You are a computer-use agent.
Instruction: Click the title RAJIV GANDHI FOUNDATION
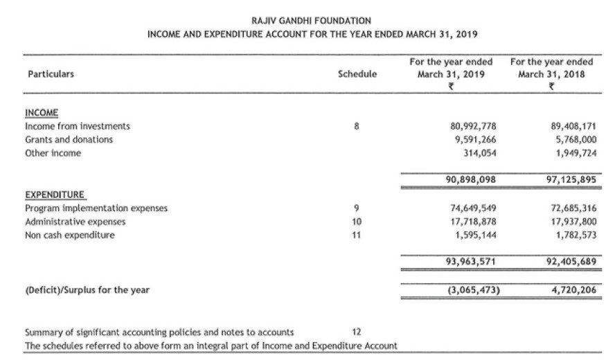(312, 21)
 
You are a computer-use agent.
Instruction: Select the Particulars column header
(51, 73)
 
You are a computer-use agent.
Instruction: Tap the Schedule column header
(357, 73)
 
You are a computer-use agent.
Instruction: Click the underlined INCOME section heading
(42, 113)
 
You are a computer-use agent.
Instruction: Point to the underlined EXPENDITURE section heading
(55, 195)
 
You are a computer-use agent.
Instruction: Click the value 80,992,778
(473, 126)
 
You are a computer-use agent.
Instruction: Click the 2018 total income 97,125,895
(572, 180)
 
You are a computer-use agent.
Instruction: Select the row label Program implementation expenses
(96, 208)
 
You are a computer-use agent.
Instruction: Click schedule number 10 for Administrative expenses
(357, 222)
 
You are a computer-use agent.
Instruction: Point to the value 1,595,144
(476, 235)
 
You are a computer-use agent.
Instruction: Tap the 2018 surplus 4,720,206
(574, 289)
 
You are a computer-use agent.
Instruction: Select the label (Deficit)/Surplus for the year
(87, 289)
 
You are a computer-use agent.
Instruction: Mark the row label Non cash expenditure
(70, 235)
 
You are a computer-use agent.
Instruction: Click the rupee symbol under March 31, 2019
(451, 87)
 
